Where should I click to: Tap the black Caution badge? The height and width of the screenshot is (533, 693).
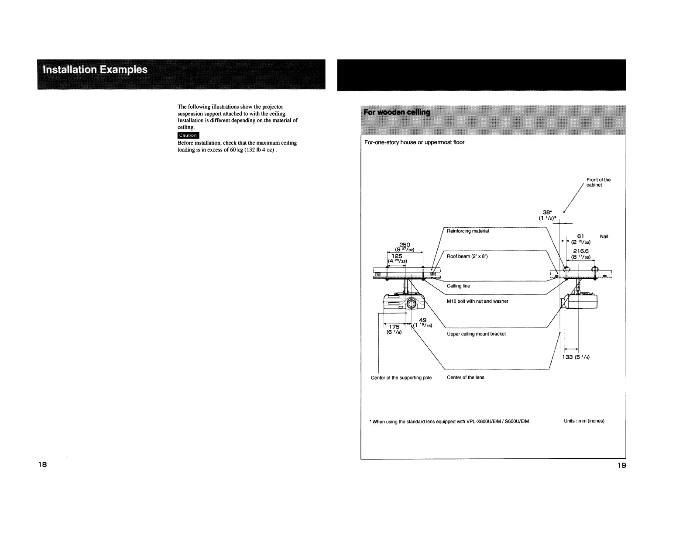(x=188, y=135)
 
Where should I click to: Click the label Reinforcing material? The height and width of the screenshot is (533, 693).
(x=468, y=231)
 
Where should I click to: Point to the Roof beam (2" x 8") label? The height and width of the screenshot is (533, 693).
(x=467, y=256)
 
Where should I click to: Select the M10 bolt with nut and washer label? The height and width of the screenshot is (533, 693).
(x=477, y=301)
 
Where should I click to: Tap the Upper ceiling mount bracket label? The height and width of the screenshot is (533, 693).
(x=476, y=334)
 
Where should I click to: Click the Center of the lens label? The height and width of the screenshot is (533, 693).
(x=465, y=377)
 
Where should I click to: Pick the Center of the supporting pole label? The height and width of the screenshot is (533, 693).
(x=401, y=378)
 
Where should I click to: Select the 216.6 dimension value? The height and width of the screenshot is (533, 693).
(x=581, y=252)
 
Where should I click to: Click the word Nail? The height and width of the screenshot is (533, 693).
(x=604, y=237)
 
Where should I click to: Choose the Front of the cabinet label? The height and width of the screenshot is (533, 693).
(x=598, y=182)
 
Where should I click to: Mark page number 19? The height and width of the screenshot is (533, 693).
(x=621, y=466)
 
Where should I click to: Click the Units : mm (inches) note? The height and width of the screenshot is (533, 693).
(x=584, y=421)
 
